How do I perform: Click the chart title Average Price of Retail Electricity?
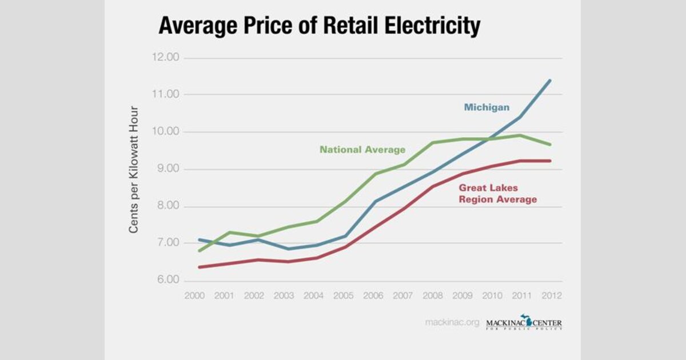319,26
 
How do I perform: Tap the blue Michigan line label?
486,107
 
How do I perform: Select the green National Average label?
362,150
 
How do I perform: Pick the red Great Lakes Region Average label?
497,193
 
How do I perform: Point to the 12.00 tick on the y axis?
165,58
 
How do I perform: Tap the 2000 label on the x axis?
195,295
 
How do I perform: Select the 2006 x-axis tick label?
373,295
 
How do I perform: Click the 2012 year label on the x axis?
551,295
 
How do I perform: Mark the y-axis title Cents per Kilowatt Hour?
134,169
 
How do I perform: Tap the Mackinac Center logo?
524,323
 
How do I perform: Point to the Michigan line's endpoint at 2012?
550,81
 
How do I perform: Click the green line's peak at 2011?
520,135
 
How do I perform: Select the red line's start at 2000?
199,267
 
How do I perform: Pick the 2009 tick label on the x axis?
462,295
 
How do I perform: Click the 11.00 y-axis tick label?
166,94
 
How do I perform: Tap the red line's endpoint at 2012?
550,161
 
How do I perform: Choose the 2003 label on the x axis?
284,295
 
